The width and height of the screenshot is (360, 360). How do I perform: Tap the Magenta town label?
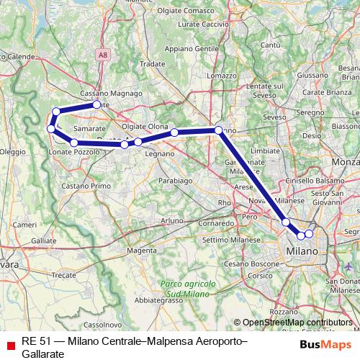[x=142, y=251]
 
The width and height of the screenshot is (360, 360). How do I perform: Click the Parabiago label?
[x=176, y=181]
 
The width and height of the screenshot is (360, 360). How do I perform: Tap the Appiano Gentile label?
[x=193, y=48]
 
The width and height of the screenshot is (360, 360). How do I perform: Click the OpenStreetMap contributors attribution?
[x=296, y=323]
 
